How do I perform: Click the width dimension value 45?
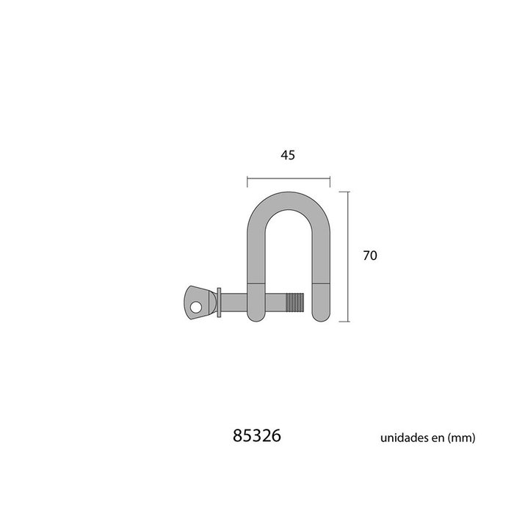tap(288, 155)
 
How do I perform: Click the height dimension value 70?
tap(369, 256)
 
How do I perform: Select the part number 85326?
tap(256, 436)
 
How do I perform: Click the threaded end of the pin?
tap(294, 303)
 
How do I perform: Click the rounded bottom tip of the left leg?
tap(255, 316)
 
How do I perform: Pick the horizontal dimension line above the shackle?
tap(288, 178)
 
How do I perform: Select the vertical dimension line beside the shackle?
tap(348, 256)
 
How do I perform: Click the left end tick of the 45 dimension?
tap(247, 178)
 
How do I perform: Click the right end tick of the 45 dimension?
tap(330, 178)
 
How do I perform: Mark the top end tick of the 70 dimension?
tap(348, 191)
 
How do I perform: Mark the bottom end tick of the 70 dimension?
tap(348, 322)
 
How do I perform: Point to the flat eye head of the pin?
tap(195, 301)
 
